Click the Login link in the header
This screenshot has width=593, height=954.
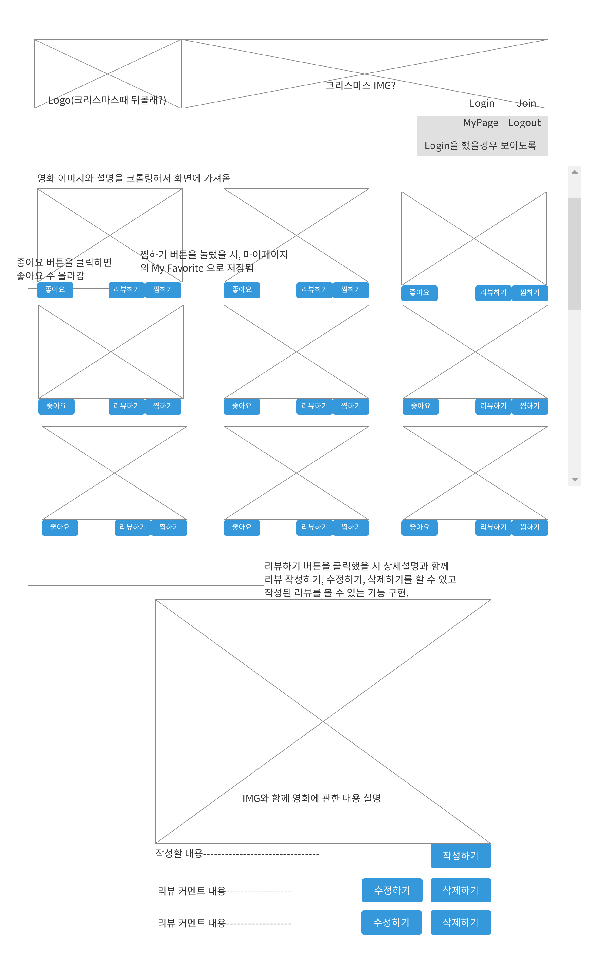tap(482, 103)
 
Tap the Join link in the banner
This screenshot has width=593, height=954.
tap(526, 103)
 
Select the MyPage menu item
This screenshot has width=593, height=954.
tap(481, 123)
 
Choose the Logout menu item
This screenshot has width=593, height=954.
tap(524, 123)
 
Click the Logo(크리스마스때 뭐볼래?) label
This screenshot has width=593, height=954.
tap(107, 100)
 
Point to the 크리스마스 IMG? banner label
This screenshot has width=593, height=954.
tap(360, 85)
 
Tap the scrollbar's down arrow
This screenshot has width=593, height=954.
tap(575, 479)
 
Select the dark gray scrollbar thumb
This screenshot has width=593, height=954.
tap(575, 254)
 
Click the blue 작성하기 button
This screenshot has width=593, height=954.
tap(461, 856)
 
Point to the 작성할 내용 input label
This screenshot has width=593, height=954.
tap(179, 853)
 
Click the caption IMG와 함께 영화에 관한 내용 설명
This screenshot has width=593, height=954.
tap(312, 799)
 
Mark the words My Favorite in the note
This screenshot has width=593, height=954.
tap(178, 269)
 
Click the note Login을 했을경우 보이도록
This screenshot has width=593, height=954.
tap(480, 146)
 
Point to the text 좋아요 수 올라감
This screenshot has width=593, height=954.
tap(50, 276)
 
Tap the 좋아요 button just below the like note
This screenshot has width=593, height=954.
tap(55, 290)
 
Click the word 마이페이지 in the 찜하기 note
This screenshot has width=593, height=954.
tap(266, 255)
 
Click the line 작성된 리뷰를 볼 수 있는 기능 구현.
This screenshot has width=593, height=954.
tap(336, 593)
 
